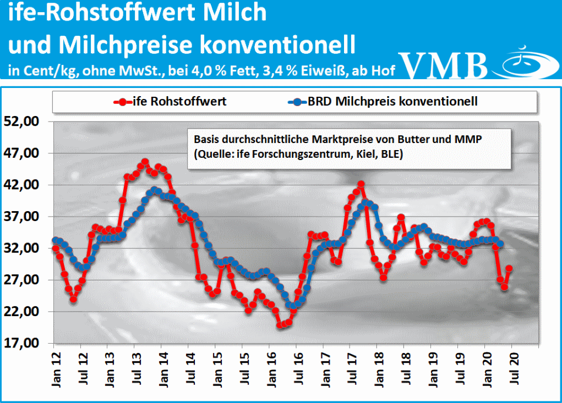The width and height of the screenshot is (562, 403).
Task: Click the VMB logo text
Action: tap(444, 65)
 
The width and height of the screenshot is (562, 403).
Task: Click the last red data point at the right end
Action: tap(509, 268)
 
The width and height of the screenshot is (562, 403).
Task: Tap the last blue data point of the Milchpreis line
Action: tap(500, 245)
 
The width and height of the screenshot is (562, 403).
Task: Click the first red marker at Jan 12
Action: tap(55, 249)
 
